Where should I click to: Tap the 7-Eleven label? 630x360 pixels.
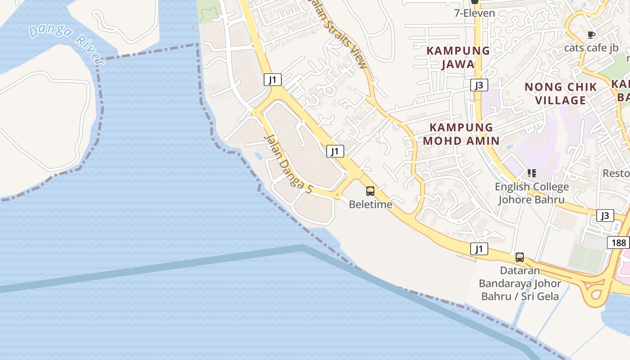474,13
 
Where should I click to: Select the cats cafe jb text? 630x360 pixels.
591,48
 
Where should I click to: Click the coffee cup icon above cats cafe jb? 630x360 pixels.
591,35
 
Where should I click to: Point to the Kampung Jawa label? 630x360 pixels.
458,57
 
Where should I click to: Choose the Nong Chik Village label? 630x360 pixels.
561,93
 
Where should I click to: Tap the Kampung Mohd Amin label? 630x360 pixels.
461,134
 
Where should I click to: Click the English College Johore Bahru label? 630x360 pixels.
531,193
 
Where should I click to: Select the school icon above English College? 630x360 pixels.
532,173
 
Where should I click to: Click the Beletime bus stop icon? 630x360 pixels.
370,191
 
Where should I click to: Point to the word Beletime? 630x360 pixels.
371,205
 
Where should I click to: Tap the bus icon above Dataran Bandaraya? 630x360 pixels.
520,257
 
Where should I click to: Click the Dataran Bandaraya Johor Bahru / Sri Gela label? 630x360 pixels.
520,283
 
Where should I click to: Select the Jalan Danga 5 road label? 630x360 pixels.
288,164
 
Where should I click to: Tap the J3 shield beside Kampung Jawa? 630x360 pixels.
479,85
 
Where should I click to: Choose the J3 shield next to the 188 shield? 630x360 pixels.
605,216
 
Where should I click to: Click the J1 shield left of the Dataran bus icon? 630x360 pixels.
479,248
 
